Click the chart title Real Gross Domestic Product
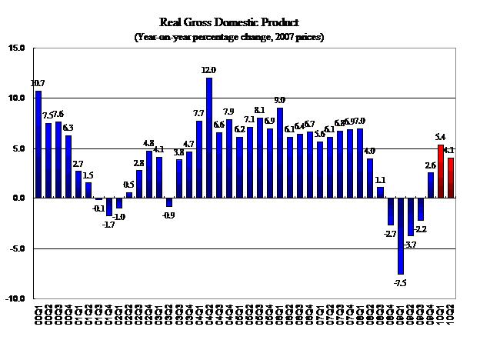point(240,22)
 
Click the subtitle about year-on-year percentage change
point(240,36)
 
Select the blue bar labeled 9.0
point(280,153)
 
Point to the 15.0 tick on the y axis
point(17,48)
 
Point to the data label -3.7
point(410,244)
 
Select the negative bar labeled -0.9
point(169,203)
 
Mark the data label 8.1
point(259,110)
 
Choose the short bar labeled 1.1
point(380,193)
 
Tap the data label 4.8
point(149,143)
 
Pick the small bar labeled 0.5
point(129,195)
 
